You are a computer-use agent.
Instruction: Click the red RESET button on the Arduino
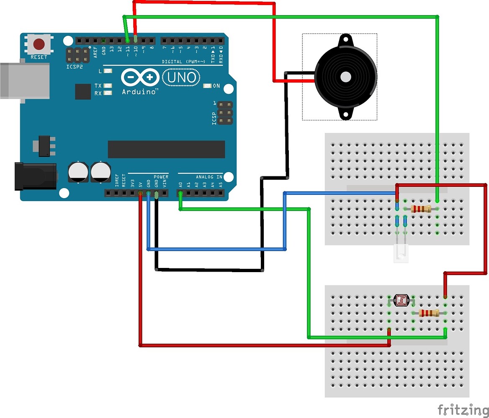pyautogui.click(x=39, y=44)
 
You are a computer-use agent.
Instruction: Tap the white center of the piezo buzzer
pyautogui.click(x=346, y=77)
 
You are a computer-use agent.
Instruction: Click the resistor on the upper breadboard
pyautogui.click(x=421, y=209)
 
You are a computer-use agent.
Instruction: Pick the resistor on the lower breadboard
pyautogui.click(x=429, y=313)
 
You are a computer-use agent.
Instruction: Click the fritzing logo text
pyautogui.click(x=463, y=409)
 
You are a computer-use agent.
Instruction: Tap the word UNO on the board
pyautogui.click(x=181, y=77)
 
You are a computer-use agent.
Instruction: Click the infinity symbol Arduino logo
pyautogui.click(x=140, y=78)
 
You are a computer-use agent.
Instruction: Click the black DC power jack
pyautogui.click(x=36, y=176)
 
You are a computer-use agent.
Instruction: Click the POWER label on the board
pyautogui.click(x=161, y=177)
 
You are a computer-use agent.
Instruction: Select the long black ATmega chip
pyautogui.click(x=166, y=149)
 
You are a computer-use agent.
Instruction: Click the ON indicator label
pyautogui.click(x=216, y=86)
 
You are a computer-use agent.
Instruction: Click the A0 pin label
pyautogui.click(x=180, y=184)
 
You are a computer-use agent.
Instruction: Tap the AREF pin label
pyautogui.click(x=95, y=51)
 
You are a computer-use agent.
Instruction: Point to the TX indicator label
pyautogui.click(x=98, y=85)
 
